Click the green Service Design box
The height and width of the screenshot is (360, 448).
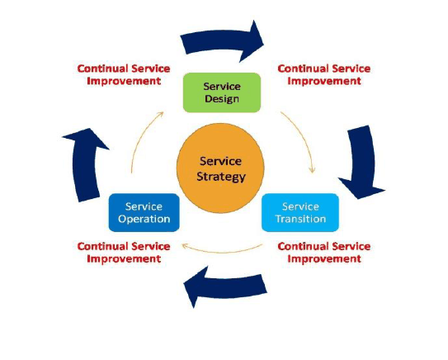click(222, 92)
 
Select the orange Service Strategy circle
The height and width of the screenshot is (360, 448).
click(220, 168)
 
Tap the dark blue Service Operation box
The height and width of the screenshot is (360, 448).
click(144, 212)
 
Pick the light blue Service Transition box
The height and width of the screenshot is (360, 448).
click(300, 212)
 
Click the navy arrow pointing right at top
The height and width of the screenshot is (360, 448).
click(220, 42)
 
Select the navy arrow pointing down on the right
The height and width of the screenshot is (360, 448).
click(362, 162)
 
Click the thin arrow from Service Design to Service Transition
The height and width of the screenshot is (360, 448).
click(302, 137)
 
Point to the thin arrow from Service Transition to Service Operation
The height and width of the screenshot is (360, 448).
click(222, 252)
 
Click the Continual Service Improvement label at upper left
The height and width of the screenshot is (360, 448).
click(124, 74)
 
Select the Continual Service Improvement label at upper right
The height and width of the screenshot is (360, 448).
click(324, 74)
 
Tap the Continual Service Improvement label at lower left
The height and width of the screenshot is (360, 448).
click(124, 253)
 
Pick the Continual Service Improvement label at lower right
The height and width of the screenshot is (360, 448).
click(324, 253)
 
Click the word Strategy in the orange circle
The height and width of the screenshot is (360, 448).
click(221, 177)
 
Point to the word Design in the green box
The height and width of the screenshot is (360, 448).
click(222, 99)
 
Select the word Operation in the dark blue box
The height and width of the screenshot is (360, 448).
click(144, 219)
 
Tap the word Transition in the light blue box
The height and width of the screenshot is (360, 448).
click(301, 219)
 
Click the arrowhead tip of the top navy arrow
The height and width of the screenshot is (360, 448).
click(264, 44)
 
